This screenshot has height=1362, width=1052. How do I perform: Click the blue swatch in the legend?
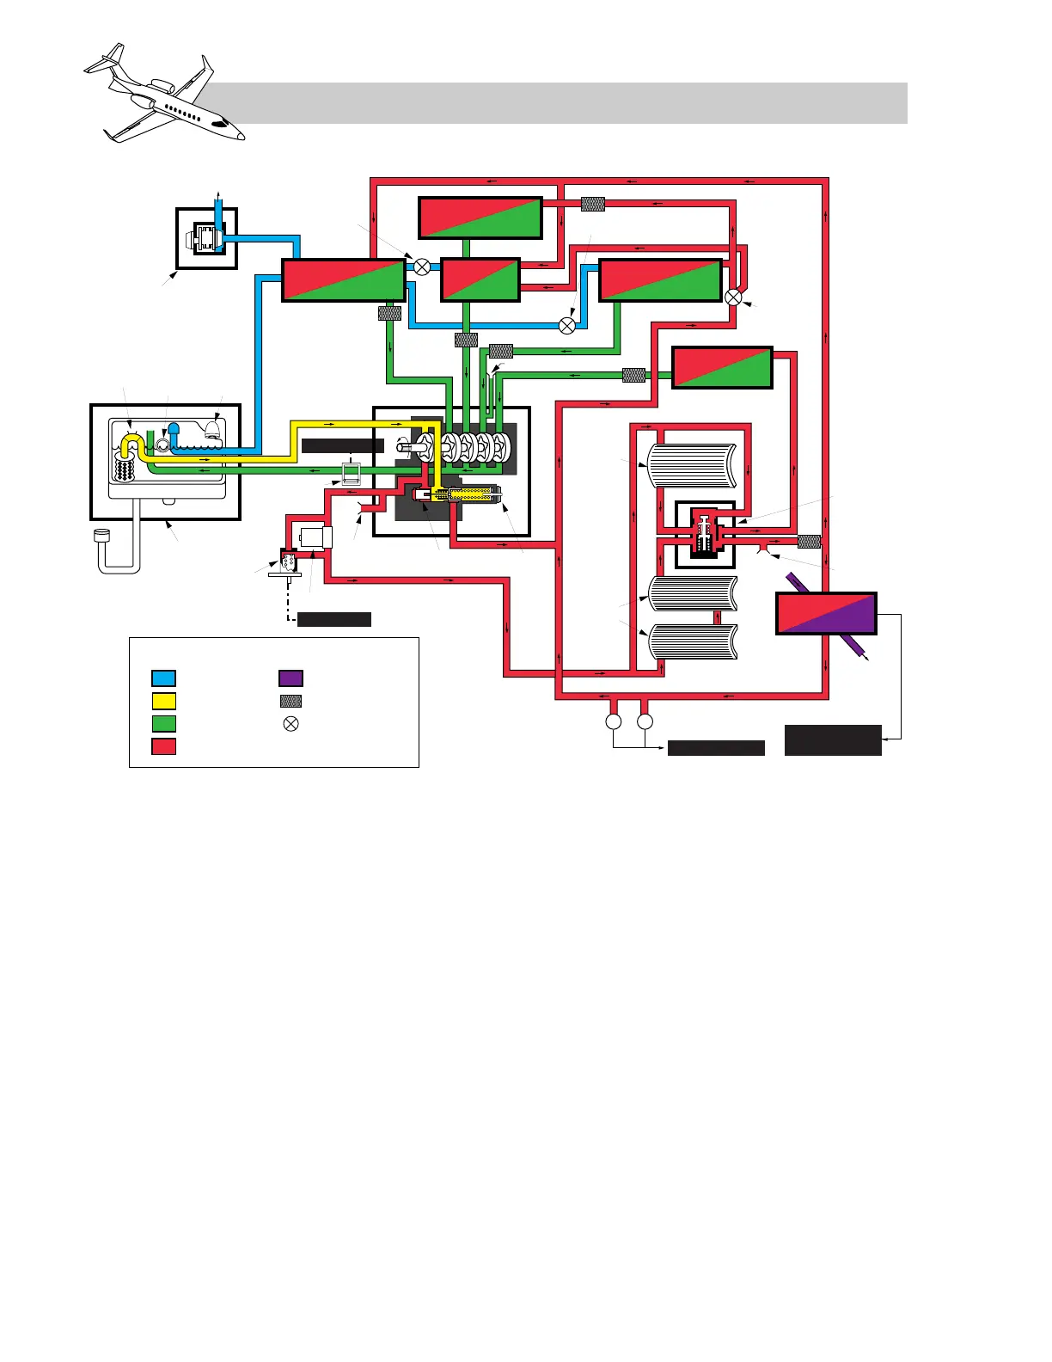163,678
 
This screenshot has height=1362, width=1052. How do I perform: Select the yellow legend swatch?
163,701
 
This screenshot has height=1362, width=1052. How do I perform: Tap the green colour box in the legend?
163,723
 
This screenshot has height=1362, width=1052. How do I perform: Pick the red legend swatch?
163,745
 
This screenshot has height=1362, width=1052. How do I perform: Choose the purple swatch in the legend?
291,678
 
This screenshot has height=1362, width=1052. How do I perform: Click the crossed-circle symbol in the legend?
291,724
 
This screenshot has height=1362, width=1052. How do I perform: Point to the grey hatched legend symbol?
291,701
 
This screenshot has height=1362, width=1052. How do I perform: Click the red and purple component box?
826,614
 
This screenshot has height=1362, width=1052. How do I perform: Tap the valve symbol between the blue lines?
566,325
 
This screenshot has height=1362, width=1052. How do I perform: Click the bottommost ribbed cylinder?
691,641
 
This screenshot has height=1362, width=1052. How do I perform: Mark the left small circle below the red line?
614,721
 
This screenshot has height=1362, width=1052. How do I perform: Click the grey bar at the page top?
559,103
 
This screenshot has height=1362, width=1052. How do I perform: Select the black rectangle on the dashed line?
333,619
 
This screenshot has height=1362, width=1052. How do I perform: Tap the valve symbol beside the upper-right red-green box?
733,297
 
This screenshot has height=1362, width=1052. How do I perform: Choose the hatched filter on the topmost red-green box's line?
593,204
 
